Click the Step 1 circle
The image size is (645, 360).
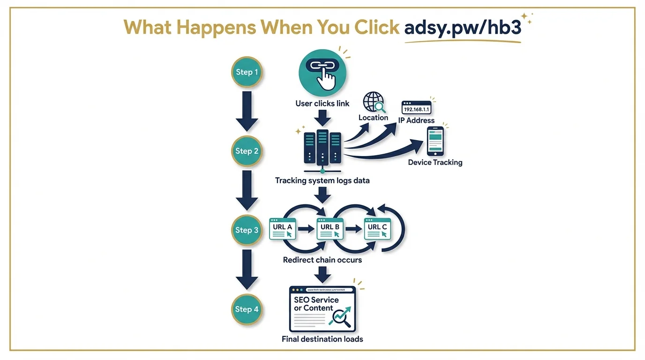pyautogui.click(x=247, y=72)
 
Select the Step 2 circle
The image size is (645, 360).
pyautogui.click(x=247, y=151)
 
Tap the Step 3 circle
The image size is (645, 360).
pyautogui.click(x=247, y=230)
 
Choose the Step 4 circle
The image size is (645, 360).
pyautogui.click(x=247, y=309)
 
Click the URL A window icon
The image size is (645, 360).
pyautogui.click(x=283, y=229)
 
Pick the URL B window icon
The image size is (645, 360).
pyautogui.click(x=330, y=229)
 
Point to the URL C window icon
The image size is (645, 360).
pyautogui.click(x=378, y=229)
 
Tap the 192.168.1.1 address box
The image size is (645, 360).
pyautogui.click(x=416, y=108)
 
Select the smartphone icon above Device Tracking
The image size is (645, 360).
pyautogui.click(x=435, y=141)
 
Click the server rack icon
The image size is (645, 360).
pyautogui.click(x=322, y=147)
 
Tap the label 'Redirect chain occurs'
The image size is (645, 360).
pyautogui.click(x=322, y=260)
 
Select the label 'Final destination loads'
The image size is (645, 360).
pyautogui.click(x=322, y=338)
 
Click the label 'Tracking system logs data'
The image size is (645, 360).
pyautogui.click(x=322, y=180)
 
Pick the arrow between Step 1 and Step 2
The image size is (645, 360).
pyautogui.click(x=247, y=111)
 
